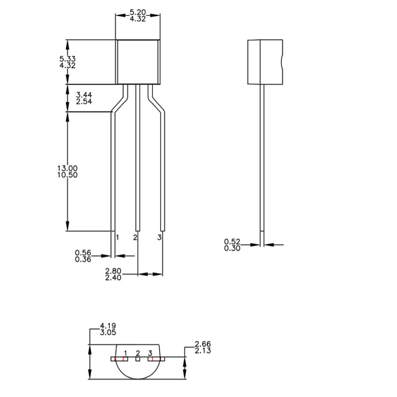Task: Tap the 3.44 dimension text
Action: point(84,95)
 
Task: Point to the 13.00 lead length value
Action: point(67,168)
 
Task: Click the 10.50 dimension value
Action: point(67,175)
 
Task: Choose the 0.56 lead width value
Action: point(83,253)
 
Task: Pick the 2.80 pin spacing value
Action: point(113,271)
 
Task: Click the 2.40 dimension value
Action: point(113,277)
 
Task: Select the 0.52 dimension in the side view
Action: point(232,242)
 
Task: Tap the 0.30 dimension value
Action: point(232,248)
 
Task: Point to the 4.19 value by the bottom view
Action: point(109,326)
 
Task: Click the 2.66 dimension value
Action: point(202,344)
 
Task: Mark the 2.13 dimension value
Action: point(202,351)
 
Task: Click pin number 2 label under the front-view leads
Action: point(135,238)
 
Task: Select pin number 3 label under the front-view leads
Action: point(159,238)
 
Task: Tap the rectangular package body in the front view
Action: point(138,62)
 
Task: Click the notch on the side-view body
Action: point(281,62)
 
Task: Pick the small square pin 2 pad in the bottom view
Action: point(138,359)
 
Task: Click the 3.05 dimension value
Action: point(109,332)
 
